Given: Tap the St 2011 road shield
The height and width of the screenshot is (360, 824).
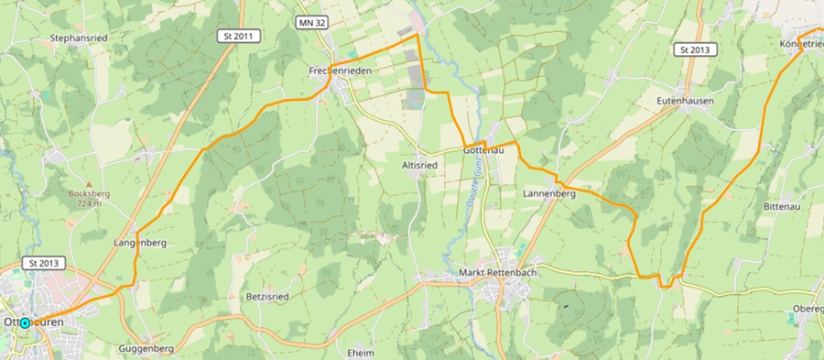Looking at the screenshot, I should pos(240,36).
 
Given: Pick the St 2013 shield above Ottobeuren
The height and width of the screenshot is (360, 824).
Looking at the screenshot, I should pos(43,263).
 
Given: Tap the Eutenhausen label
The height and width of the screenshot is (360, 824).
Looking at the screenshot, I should pos(685,100).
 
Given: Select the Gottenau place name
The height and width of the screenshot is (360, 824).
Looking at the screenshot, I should pos(485,148).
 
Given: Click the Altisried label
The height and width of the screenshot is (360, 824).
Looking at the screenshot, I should pos(419,165).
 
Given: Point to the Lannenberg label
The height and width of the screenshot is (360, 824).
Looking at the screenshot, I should pos(548,194).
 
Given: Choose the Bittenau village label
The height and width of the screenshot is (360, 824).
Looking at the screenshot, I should pos(782,207).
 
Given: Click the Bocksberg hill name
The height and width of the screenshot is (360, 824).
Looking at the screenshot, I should pos(89,193).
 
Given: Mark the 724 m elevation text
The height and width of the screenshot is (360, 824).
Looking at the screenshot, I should pos(89,203).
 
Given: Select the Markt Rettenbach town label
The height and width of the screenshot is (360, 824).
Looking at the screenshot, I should pos(495,274).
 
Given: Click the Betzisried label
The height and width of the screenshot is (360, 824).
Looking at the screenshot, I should pos(243,297).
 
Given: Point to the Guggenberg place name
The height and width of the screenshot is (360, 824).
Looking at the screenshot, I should pos(146,349).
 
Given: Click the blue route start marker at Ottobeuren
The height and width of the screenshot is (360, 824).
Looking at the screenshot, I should pos(25,322).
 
